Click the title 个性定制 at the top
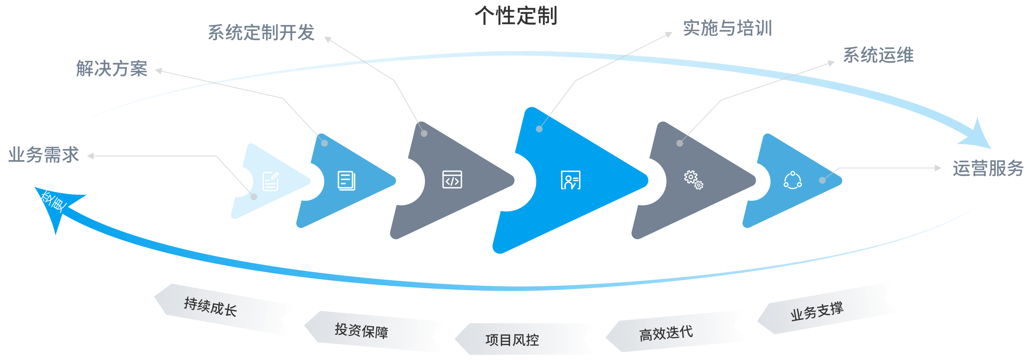pos(516,16)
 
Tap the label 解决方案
pos(112,69)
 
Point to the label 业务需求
pos(43,155)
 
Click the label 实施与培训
pos(727,28)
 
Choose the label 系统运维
pos(878,55)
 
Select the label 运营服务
pos(987,168)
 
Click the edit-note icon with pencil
pos(270,181)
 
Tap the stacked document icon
pos(346,181)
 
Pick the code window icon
pos(452,179)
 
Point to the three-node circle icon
pos(792,180)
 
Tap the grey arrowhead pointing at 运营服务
pos(938,168)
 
